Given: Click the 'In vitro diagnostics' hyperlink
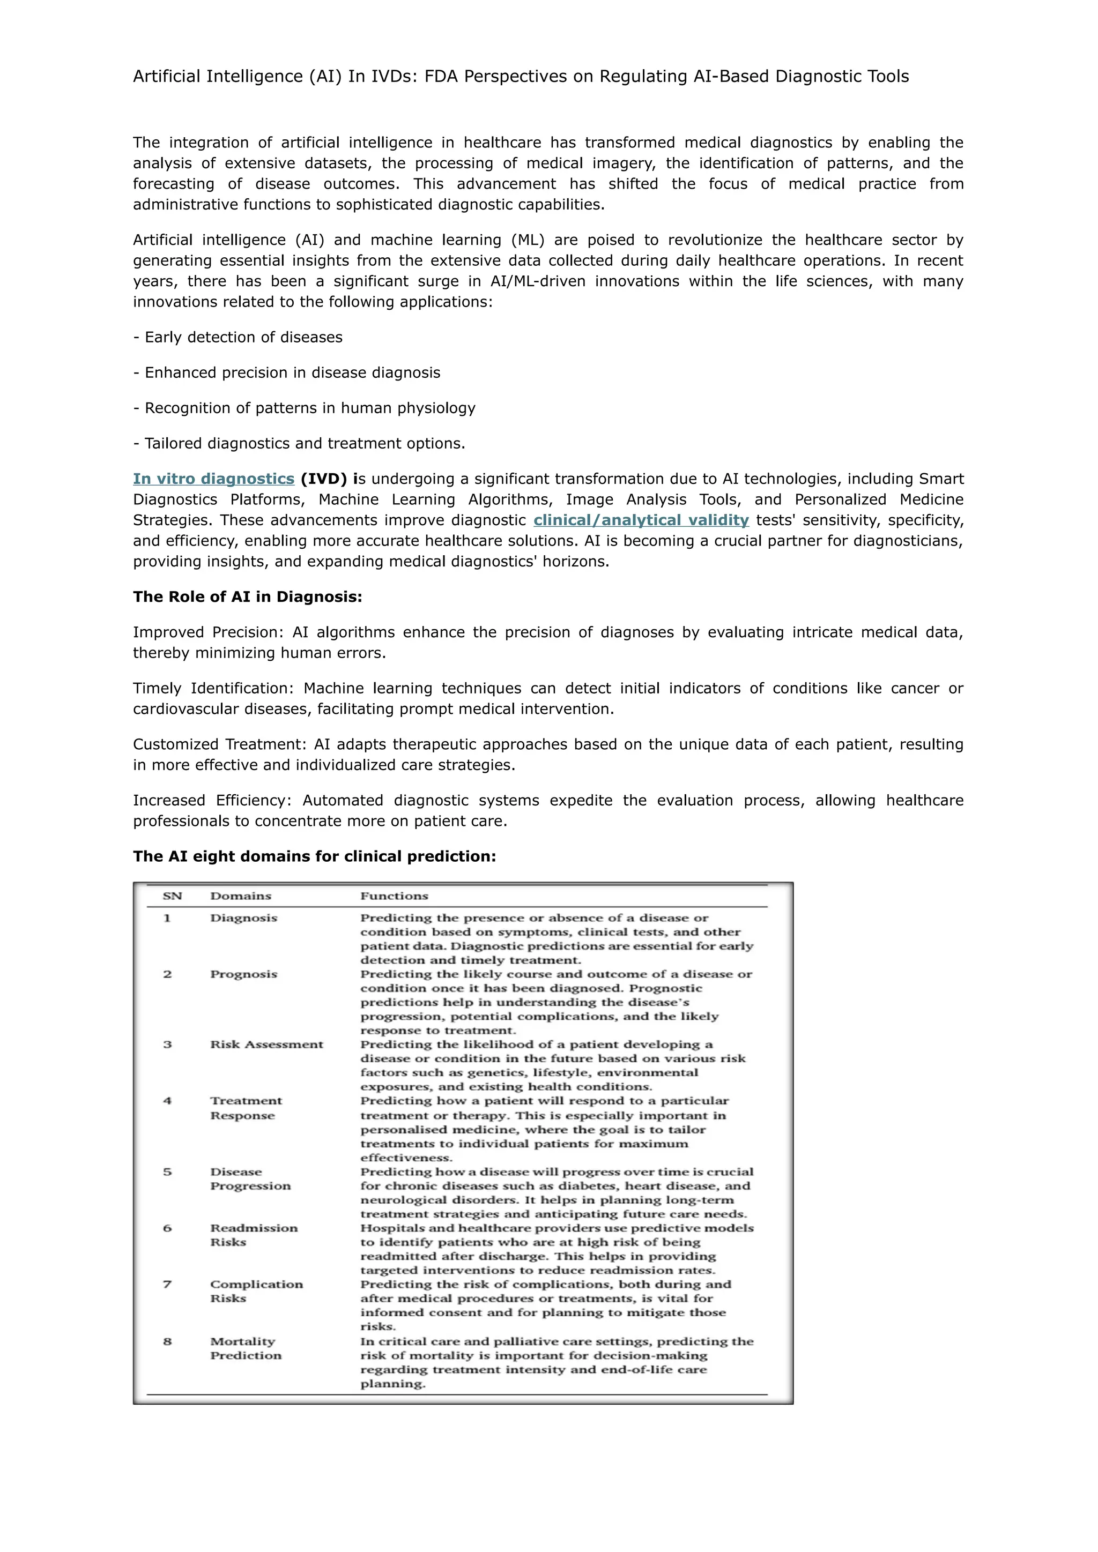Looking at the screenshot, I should click(214, 479).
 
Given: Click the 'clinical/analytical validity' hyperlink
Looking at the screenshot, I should click(641, 520).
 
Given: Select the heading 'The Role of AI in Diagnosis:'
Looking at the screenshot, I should click(248, 597).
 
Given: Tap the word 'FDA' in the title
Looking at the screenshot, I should click(441, 77).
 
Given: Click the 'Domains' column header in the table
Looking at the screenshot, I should click(241, 897).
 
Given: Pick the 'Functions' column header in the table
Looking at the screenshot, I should click(394, 897).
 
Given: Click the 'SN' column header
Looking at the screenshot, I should click(173, 897).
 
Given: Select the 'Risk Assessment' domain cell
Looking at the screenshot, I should click(266, 1044).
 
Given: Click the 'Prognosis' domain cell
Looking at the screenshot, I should click(243, 974).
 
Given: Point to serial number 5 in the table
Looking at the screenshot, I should click(167, 1172).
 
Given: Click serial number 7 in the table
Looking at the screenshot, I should click(167, 1285).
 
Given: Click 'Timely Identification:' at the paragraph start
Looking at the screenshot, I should click(213, 688).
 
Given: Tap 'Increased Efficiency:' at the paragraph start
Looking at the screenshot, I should click(212, 800).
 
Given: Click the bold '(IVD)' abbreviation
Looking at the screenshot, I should click(324, 479).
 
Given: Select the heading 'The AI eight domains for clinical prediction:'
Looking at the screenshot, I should click(314, 856).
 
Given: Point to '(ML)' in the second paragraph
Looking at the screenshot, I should click(528, 240).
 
